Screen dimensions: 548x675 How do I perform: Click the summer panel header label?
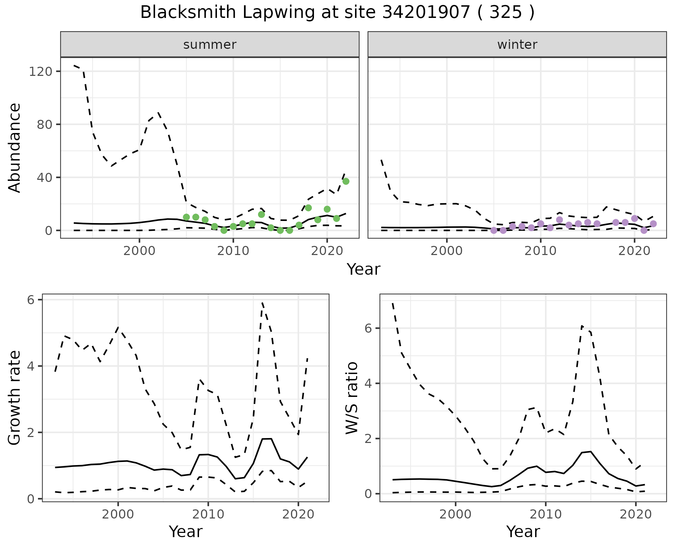[210, 45]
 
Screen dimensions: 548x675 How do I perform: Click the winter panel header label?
[517, 45]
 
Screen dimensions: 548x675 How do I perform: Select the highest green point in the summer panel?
[346, 181]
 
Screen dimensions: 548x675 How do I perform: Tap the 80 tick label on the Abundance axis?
[44, 125]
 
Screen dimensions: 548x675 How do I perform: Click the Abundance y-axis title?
[15, 148]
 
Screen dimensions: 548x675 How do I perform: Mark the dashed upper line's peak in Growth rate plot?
[262, 303]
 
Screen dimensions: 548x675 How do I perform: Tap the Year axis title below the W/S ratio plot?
[523, 531]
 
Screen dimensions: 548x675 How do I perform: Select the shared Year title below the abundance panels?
[364, 269]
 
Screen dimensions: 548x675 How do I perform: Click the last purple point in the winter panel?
[653, 224]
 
